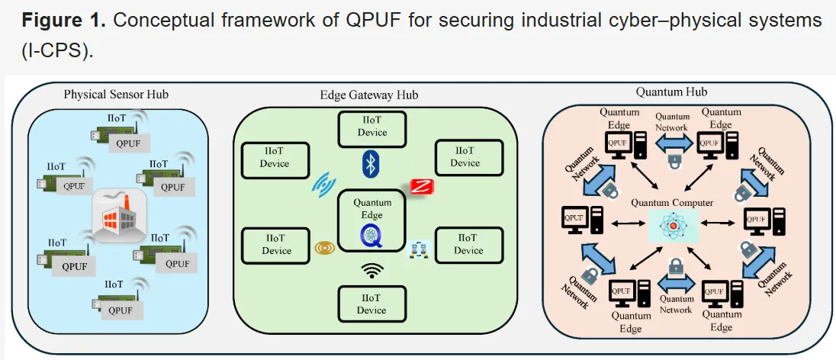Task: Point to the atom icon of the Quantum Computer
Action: click(x=672, y=225)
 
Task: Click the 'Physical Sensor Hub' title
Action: click(x=116, y=95)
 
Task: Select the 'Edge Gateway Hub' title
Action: click(x=368, y=95)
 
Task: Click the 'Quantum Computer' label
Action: click(x=672, y=203)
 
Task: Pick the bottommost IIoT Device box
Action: click(x=372, y=304)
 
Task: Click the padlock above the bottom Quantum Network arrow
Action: click(x=674, y=266)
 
